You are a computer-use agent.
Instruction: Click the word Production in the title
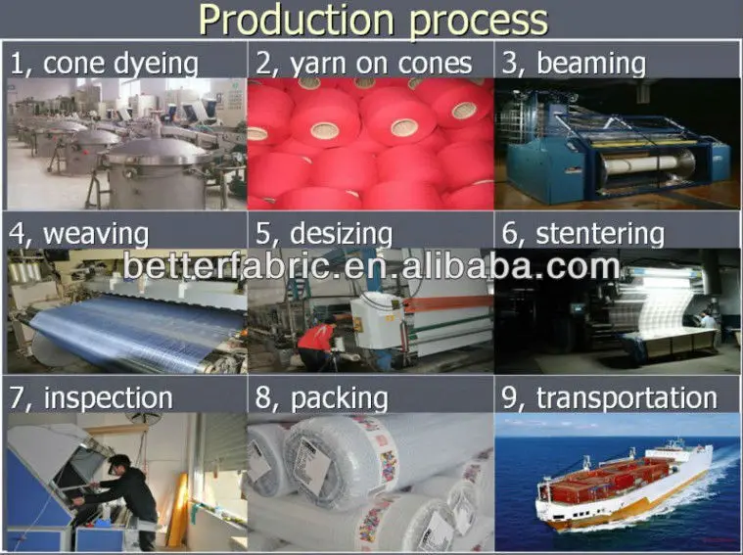point(297,19)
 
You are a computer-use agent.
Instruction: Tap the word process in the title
point(478,23)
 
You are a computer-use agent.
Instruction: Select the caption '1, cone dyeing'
point(104,64)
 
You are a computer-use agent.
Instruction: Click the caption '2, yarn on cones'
point(364,64)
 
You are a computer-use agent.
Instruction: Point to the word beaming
point(591,64)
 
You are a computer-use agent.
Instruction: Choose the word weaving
point(96,234)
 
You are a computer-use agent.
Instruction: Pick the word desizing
point(342,234)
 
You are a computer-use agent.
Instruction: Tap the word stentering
point(600,233)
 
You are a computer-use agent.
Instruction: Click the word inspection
point(108,398)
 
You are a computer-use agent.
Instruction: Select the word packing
point(339,399)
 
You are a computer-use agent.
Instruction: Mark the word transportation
point(627,397)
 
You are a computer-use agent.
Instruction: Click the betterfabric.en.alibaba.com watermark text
point(372,266)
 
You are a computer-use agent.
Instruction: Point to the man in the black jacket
point(124,500)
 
